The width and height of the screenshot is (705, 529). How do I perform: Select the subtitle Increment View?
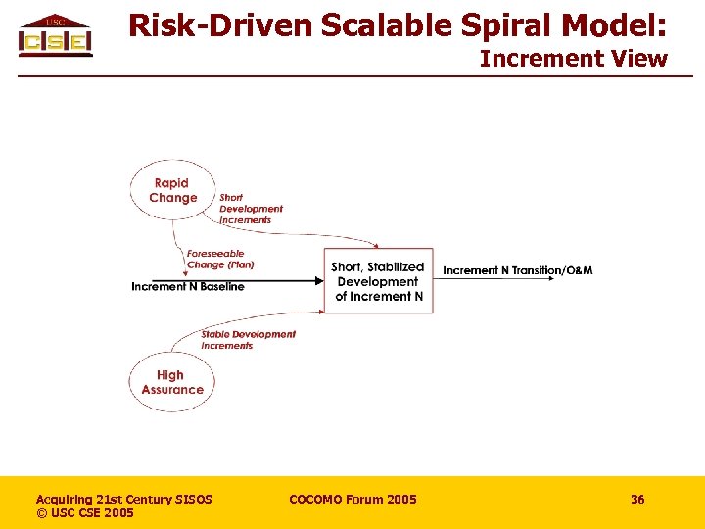[x=573, y=59]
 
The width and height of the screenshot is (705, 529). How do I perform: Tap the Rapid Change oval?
[x=172, y=190]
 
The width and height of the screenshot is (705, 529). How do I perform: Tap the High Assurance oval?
[x=171, y=382]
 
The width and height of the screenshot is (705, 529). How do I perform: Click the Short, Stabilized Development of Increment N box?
[x=378, y=281]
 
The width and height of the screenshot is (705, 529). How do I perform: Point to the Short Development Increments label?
[x=251, y=209]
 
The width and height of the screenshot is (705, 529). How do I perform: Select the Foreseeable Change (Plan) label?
[x=220, y=259]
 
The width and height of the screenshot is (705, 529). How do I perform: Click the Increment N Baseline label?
[x=188, y=287]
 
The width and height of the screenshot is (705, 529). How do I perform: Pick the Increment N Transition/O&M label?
[x=517, y=270]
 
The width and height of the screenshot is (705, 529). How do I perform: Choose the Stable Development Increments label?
[x=248, y=340]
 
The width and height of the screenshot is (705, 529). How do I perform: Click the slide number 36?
[x=637, y=500]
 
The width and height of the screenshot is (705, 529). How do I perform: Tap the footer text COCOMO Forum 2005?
[x=352, y=500]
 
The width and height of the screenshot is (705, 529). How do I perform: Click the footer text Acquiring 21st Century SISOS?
[x=123, y=500]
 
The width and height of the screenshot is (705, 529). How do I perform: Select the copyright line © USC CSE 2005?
[x=85, y=513]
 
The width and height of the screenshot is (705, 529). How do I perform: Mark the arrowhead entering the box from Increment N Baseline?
[x=318, y=280]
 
